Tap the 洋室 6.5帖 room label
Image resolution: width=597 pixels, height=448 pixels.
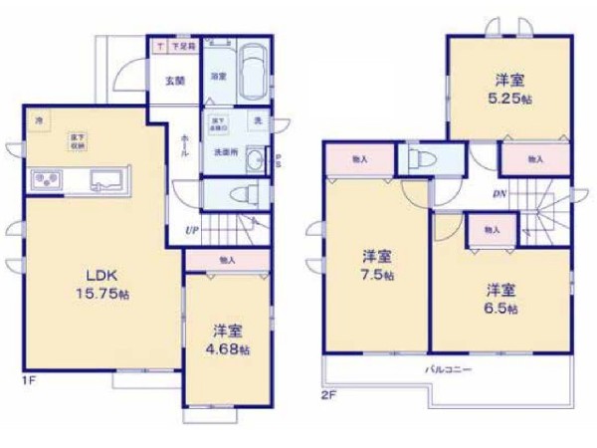[x=501, y=299]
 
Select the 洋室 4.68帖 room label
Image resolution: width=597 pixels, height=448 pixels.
[x=229, y=338]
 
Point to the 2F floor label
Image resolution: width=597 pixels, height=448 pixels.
[x=329, y=391]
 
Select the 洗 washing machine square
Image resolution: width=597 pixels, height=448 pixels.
[x=256, y=121]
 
